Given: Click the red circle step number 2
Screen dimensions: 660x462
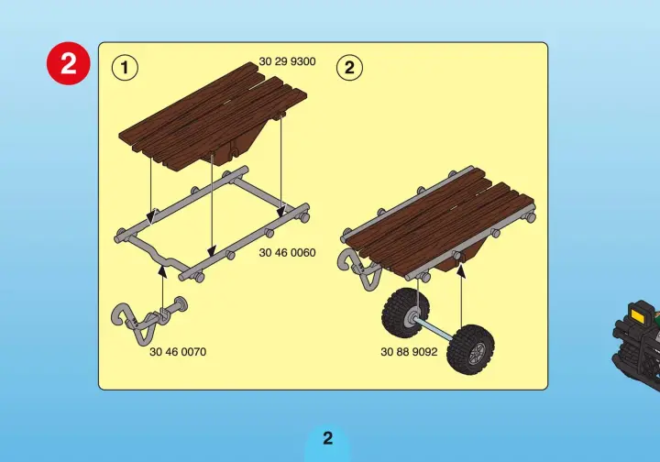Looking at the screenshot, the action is [x=68, y=63].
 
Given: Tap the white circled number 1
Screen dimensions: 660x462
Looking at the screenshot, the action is [x=125, y=67].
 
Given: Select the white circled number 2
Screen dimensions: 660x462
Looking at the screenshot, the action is [x=349, y=67].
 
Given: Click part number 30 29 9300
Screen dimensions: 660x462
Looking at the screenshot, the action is [x=287, y=61].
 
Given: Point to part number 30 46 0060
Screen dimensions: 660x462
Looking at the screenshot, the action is [x=287, y=252].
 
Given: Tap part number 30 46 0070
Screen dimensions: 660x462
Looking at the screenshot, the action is [x=178, y=352].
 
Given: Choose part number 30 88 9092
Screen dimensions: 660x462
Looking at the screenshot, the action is [x=409, y=352].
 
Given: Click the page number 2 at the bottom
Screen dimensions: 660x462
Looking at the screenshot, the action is [x=327, y=438].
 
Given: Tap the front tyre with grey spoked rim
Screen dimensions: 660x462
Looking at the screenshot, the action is [x=470, y=349].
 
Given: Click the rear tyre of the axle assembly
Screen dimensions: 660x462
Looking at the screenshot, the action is [x=405, y=313].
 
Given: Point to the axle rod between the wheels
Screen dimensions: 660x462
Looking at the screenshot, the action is [x=438, y=327].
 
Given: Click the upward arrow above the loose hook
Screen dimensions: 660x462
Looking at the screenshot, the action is [x=163, y=287].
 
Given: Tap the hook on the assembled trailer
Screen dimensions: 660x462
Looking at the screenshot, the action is [x=358, y=269].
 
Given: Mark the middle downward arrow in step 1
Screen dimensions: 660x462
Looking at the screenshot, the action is [x=212, y=206].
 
